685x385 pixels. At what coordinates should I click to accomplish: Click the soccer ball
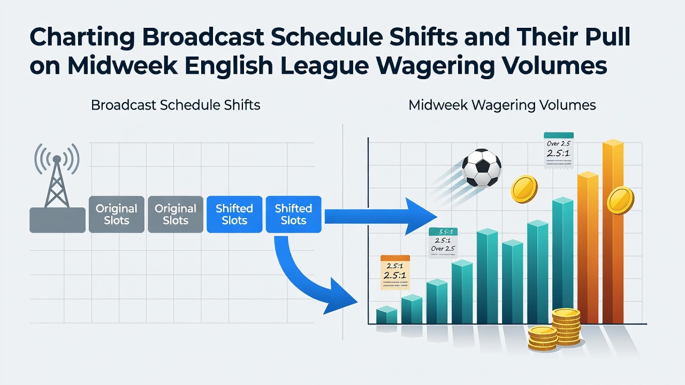481,168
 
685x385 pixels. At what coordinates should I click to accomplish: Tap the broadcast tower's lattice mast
57,183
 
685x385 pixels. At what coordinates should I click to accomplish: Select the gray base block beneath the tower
57,220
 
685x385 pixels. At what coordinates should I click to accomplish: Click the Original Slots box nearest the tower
117,214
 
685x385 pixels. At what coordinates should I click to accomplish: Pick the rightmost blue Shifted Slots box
294,214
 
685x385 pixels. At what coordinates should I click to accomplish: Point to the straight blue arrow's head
421,217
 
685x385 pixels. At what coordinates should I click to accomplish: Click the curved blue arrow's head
339,296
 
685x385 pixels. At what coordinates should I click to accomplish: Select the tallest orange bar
613,232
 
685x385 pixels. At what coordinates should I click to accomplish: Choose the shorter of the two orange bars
588,248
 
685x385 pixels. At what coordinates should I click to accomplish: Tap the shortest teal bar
386,315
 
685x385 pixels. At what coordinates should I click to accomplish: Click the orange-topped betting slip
395,273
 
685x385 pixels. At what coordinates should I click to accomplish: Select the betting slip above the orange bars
558,150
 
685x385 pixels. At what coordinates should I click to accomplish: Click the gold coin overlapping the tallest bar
620,201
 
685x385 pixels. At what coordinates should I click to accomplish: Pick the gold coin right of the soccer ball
524,189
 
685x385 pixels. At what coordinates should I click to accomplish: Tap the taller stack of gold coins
566,327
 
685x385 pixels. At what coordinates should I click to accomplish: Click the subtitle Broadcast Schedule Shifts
176,105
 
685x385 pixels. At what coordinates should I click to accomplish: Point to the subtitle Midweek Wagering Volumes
502,105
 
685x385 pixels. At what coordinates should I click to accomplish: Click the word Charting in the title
82,37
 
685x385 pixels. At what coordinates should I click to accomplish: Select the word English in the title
229,66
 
